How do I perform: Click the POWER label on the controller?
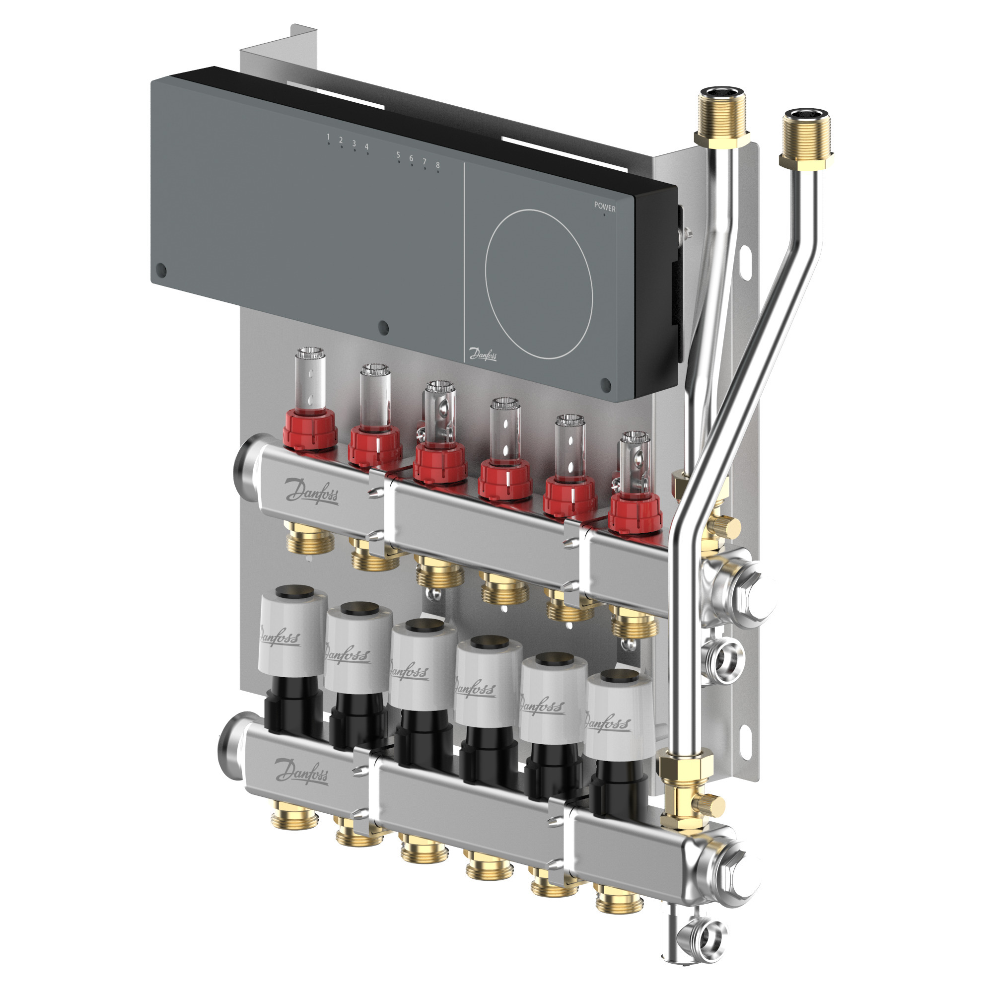[x=604, y=207]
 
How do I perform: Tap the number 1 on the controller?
[x=328, y=137]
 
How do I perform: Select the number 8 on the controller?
[x=437, y=165]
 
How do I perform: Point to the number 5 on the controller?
[x=398, y=155]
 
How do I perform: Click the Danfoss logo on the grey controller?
[x=483, y=354]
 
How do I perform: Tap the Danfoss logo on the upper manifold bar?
[x=312, y=492]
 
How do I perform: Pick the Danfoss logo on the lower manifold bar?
[x=301, y=771]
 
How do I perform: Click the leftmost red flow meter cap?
[x=310, y=429]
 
